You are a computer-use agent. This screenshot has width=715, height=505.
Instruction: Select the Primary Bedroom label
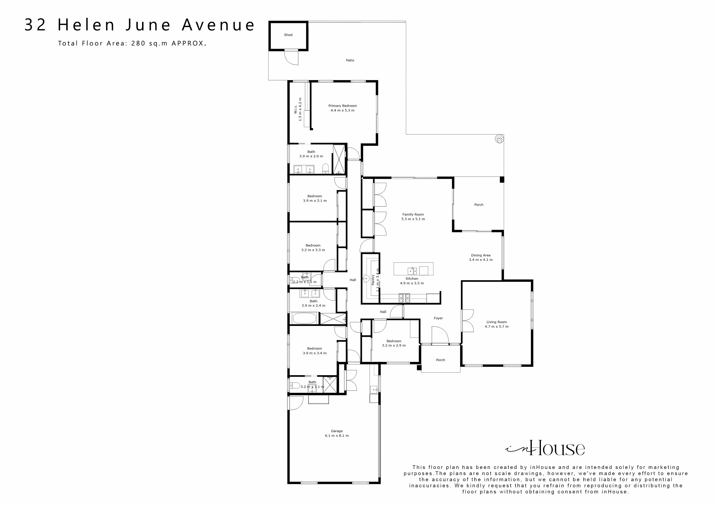click(343, 106)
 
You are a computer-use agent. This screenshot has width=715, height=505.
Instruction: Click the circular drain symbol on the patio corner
click(499, 139)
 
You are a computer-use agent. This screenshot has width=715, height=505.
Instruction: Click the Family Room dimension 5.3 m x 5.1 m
click(413, 219)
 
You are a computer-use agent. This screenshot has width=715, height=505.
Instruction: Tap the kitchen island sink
click(412, 270)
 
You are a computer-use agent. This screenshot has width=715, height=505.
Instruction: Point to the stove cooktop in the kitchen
click(404, 298)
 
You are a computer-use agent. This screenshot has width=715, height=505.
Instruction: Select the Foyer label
click(438, 318)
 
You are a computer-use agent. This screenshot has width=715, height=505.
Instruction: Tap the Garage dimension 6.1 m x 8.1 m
click(337, 436)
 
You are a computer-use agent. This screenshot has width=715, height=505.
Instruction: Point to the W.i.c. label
click(296, 109)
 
